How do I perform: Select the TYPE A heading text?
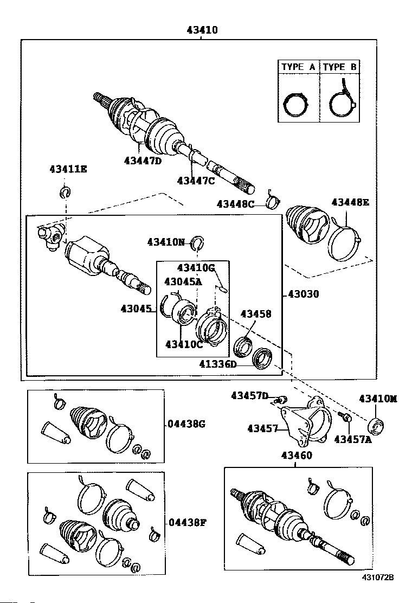click(298, 67)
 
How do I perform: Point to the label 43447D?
click(143, 161)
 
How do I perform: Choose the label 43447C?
click(196, 181)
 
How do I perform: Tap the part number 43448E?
click(350, 202)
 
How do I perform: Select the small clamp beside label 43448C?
click(273, 203)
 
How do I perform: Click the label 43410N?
click(166, 242)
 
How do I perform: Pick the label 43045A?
click(183, 281)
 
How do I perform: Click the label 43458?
click(256, 314)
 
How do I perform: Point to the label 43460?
click(296, 456)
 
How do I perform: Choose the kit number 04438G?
click(186, 424)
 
